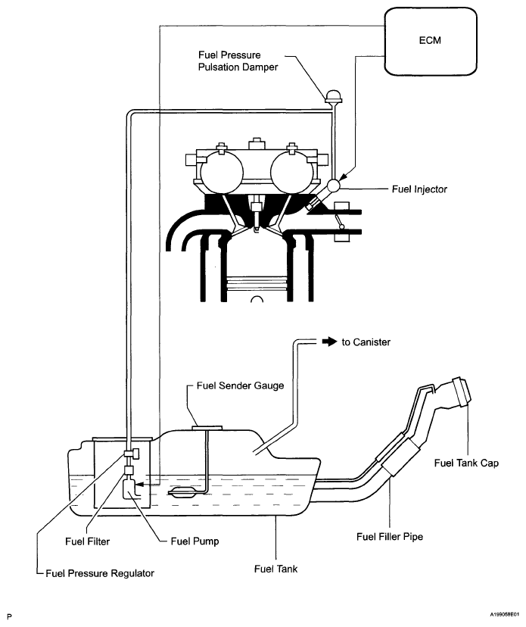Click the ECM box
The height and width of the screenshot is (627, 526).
[x=431, y=41]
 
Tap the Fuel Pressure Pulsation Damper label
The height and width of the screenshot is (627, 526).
[x=238, y=61]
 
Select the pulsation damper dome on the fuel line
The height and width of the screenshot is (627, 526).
[x=332, y=96]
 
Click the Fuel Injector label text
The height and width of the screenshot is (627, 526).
[x=419, y=189]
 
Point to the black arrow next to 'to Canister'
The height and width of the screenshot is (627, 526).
[x=330, y=342]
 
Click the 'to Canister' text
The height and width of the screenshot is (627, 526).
[x=366, y=342]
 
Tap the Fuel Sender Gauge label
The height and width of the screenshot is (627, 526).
[x=240, y=385]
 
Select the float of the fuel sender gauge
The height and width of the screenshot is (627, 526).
[x=182, y=492]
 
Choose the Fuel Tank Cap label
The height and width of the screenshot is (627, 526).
[x=466, y=463]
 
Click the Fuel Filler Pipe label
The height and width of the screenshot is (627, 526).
[x=390, y=537]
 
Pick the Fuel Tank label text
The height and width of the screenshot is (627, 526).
[x=275, y=569]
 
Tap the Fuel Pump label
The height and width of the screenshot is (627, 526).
[x=195, y=541]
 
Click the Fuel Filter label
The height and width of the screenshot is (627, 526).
[x=87, y=541]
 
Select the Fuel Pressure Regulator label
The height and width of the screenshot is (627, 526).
[x=100, y=573]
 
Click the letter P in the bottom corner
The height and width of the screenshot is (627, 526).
[x=10, y=617]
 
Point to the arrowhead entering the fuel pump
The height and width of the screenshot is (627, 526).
[x=139, y=485]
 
